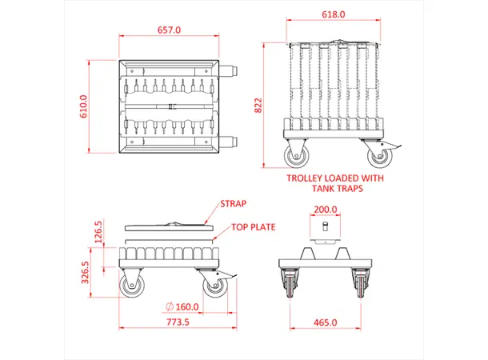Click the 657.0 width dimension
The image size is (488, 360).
(169, 30)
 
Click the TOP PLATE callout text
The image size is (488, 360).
(254, 227)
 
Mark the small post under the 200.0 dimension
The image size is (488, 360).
(326, 227)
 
